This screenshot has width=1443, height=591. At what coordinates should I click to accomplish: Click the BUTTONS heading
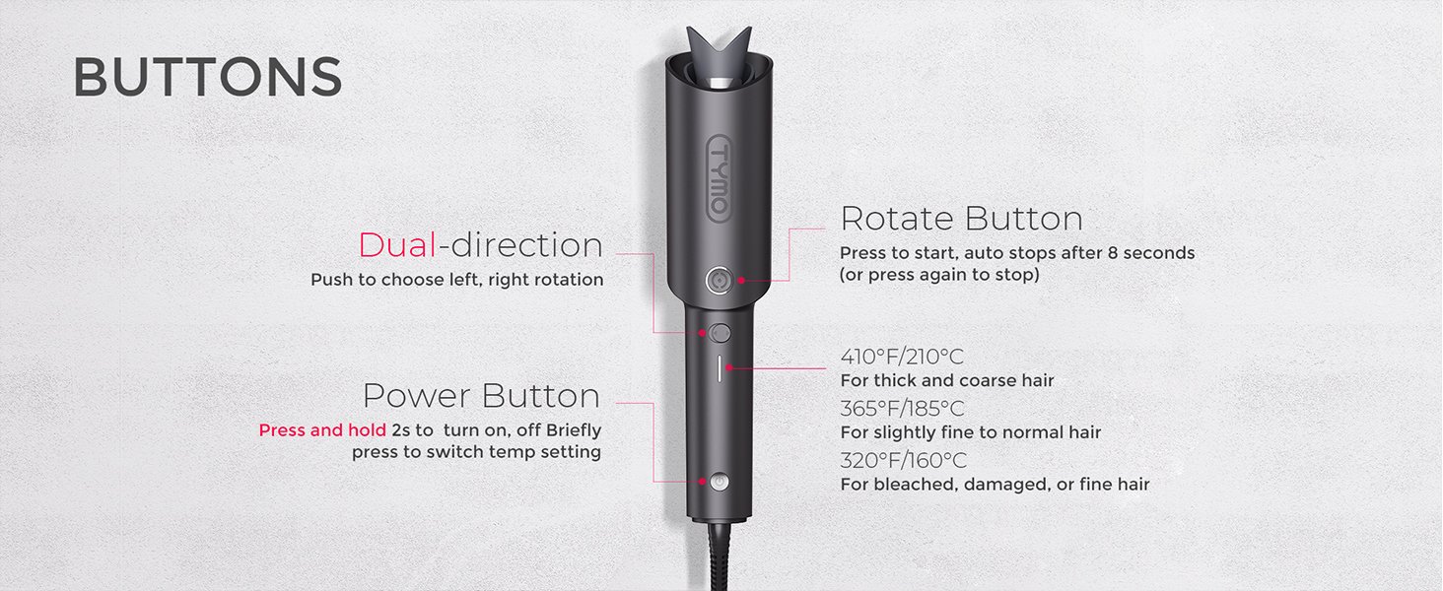[x=207, y=77]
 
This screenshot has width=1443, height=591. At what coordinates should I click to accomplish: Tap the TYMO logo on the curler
[x=719, y=178]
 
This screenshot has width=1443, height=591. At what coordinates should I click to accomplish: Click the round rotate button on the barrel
[x=719, y=281]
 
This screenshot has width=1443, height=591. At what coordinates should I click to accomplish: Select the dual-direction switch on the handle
[x=720, y=333]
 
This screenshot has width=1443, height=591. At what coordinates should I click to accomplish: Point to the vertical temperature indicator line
[x=720, y=367]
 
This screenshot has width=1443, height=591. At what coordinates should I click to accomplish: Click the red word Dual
[x=397, y=245]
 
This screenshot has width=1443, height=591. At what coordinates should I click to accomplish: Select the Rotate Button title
[x=961, y=219]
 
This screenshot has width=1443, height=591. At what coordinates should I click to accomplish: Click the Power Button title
[x=482, y=395]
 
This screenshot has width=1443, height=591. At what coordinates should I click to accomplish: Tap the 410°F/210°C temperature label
[x=902, y=356]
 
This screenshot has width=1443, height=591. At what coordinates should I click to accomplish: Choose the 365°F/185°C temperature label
[x=902, y=408]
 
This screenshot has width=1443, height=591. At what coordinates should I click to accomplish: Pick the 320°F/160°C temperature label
[x=903, y=460]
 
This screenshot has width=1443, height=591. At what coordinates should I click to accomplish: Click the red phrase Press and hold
[x=322, y=430]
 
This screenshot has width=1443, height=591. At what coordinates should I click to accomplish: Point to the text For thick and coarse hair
[x=947, y=380]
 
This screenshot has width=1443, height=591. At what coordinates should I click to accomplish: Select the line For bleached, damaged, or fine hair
[x=995, y=485]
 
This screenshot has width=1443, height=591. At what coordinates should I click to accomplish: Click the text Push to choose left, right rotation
[x=456, y=280]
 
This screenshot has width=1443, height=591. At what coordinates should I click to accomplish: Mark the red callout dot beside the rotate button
[x=741, y=280]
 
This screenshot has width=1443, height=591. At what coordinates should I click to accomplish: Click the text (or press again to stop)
[x=939, y=275]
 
